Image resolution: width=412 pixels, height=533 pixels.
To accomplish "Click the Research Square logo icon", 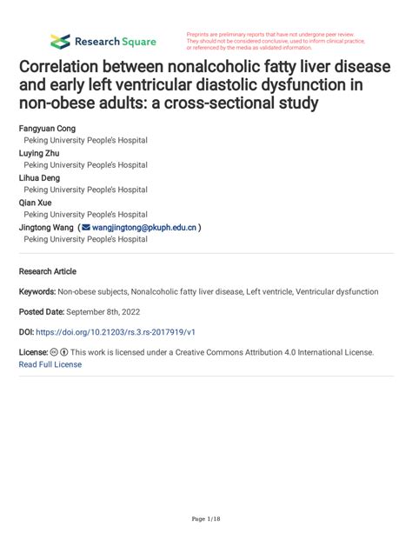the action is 60,40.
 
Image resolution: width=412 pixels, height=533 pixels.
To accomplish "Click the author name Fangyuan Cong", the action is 47,128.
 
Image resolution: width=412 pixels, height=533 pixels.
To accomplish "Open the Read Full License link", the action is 50,365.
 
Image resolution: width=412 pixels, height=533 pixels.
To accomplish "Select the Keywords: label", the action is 38,292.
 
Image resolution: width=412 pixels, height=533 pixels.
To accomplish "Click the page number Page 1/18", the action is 205,518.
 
